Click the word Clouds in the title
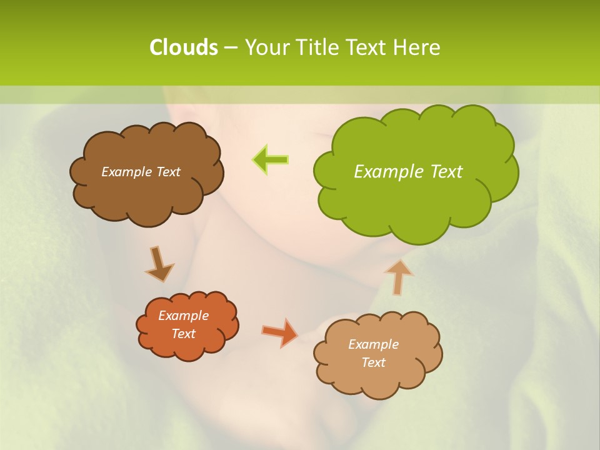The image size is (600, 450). point(183,47)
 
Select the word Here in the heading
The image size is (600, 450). point(418,47)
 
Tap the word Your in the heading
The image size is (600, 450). point(267,47)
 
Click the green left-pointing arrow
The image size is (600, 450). point(270,159)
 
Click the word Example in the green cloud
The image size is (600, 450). point(389,171)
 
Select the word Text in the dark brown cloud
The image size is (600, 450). point(169,172)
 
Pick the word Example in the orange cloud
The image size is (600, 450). point(183,316)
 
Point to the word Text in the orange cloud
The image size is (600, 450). point(183,334)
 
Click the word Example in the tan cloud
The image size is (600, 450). point(373,344)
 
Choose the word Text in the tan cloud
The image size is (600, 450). point(373,362)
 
